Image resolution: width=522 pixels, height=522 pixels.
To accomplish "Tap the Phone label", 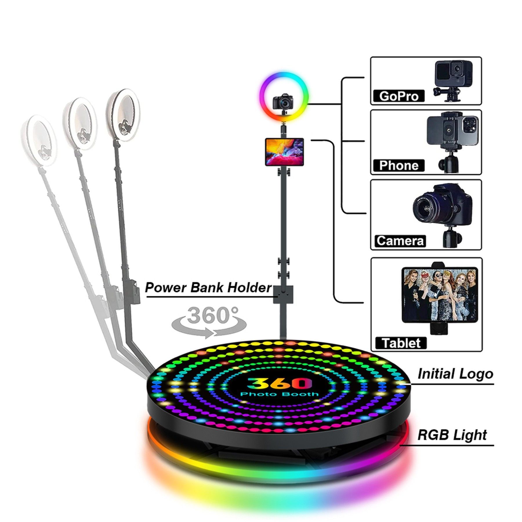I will point(398,165).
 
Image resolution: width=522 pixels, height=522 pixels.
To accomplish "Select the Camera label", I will point(400,241).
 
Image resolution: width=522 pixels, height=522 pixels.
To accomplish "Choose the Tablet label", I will point(401,343).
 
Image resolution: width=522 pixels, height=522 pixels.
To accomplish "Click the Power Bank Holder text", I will point(208,287).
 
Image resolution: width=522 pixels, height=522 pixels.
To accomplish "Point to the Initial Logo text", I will point(455,374).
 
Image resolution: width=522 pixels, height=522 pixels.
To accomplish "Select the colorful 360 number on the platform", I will point(278,383).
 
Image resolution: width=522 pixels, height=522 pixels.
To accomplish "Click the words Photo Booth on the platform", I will point(279,394).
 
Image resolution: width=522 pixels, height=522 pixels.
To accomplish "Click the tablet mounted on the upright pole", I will point(284,152).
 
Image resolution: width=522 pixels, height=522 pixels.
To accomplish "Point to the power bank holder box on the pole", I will point(283,294).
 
